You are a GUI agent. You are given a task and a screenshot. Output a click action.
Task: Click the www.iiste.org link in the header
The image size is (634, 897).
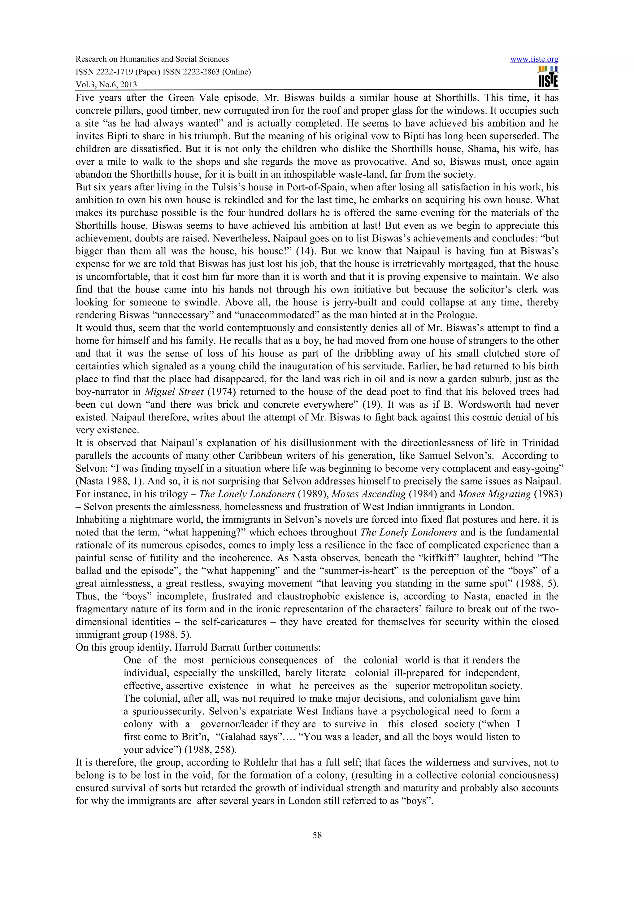pyautogui.click(x=534, y=59)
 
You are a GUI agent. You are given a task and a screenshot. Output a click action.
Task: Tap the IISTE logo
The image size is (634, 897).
pyautogui.click(x=548, y=77)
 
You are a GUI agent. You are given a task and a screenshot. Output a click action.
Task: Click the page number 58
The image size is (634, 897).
pyautogui.click(x=317, y=835)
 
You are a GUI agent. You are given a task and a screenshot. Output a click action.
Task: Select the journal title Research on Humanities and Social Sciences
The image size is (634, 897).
pyautogui.click(x=152, y=59)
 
